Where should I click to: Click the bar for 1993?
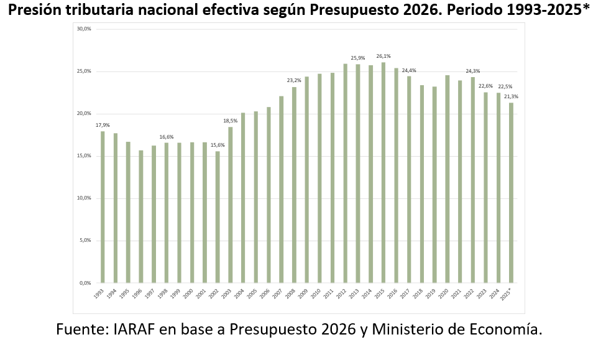[x=103, y=207]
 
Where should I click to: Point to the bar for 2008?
[x=294, y=185]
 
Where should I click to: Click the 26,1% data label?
[x=383, y=56]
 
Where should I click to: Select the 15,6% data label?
[x=218, y=145]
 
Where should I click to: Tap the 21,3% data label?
[x=512, y=96]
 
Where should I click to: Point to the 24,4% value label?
[x=409, y=70]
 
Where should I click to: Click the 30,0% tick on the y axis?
[x=84, y=29]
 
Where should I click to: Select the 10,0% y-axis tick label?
[x=84, y=198]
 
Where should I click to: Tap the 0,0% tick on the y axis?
[x=85, y=283]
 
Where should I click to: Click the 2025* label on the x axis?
[x=507, y=295]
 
